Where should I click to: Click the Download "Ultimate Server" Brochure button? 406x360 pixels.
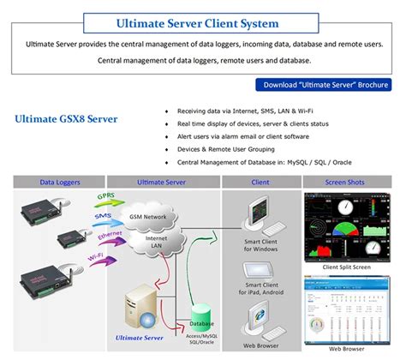pos(325,84)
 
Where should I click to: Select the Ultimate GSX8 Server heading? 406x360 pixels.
pos(66,118)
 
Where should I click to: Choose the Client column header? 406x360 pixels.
pos(260,182)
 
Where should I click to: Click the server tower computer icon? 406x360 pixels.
pos(141,309)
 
